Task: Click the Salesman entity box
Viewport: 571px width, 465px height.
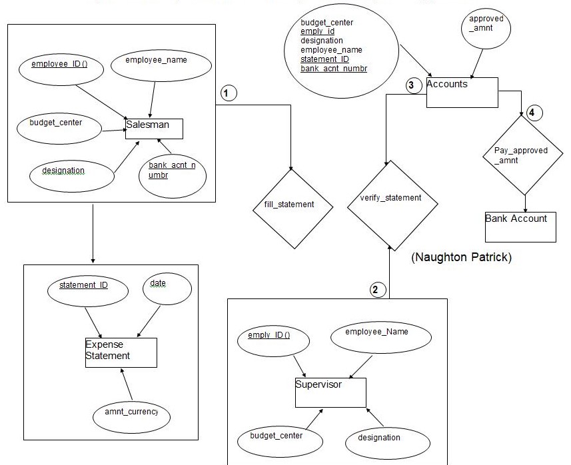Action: [154, 128]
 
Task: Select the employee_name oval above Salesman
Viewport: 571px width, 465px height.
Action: [156, 64]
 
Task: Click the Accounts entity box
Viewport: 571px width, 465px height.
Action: [462, 93]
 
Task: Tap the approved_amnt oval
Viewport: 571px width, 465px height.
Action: [486, 31]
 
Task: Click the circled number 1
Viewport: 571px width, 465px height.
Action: [229, 93]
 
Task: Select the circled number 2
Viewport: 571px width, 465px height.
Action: [375, 289]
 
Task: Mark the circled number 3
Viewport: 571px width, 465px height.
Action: [411, 85]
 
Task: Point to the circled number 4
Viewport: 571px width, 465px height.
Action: [531, 113]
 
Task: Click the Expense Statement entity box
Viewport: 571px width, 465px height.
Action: [121, 352]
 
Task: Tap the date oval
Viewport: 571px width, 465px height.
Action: [167, 292]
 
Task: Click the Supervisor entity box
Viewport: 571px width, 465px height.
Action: [330, 392]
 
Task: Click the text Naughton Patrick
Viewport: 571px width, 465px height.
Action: [462, 257]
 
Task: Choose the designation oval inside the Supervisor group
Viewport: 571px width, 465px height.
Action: [378, 438]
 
